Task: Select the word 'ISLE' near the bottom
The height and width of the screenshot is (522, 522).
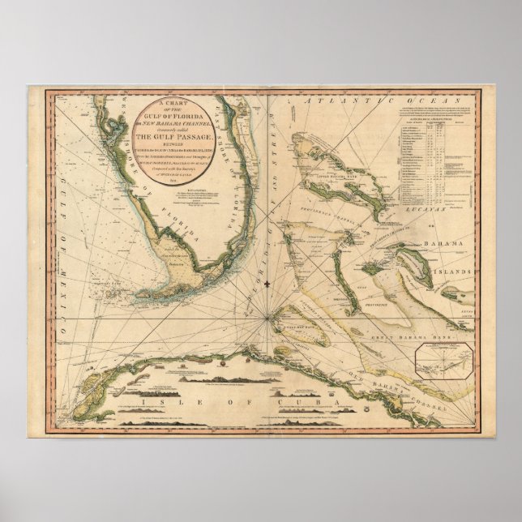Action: tap(158, 400)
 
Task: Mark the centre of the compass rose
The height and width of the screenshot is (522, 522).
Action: tap(267, 320)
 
